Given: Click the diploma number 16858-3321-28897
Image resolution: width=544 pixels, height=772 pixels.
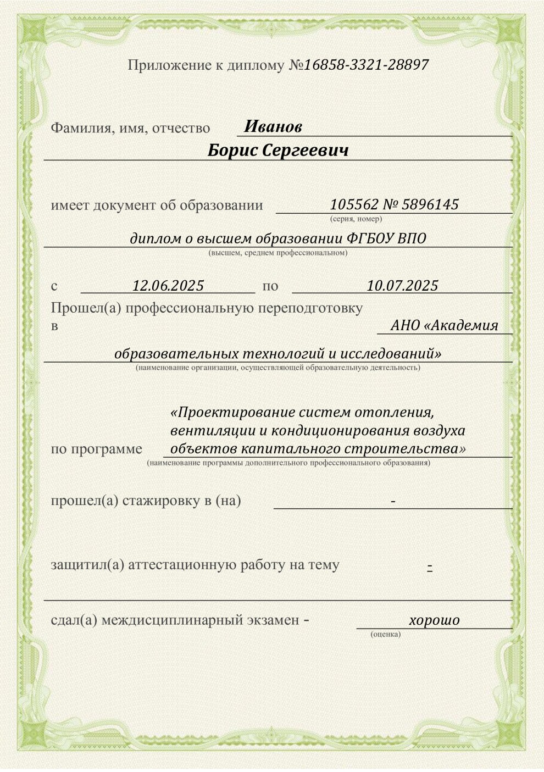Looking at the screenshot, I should pyautogui.click(x=366, y=65).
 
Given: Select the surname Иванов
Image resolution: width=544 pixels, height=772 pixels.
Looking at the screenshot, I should pyautogui.click(x=273, y=127).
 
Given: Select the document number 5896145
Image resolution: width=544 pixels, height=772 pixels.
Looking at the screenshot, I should pyautogui.click(x=430, y=205).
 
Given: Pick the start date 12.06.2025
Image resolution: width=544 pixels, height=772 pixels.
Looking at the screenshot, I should pyautogui.click(x=168, y=286).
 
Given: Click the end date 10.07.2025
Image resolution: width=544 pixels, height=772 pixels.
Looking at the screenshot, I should pyautogui.click(x=402, y=286).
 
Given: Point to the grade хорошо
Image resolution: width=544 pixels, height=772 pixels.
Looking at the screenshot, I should pyautogui.click(x=434, y=620).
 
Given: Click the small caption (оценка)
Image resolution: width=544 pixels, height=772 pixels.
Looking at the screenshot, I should pyautogui.click(x=386, y=634).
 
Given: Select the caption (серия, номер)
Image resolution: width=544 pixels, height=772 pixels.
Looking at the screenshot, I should pyautogui.click(x=356, y=219).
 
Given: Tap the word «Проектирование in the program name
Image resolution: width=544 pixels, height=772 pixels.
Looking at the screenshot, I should pyautogui.click(x=232, y=412).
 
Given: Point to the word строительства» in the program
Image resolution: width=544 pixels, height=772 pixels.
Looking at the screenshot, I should pyautogui.click(x=407, y=448).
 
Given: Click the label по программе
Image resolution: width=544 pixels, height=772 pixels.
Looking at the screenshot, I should pyautogui.click(x=96, y=449).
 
